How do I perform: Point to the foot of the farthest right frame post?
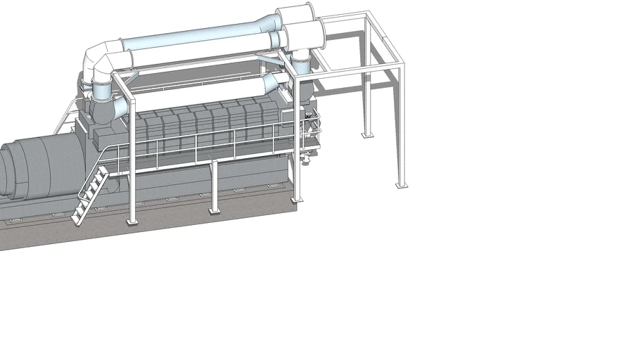(401, 185)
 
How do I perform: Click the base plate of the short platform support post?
(214, 209)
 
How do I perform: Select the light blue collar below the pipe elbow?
(103, 90)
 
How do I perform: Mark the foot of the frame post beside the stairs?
(131, 221)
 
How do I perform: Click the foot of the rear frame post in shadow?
(364, 134)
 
